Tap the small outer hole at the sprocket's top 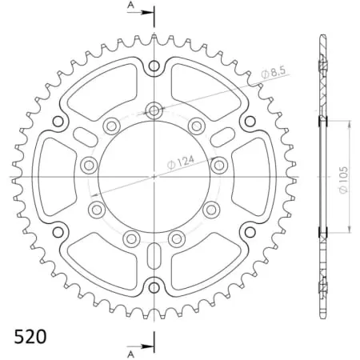pos(153,68)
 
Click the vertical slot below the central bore pos(153,261)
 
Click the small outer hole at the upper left pos(58,122)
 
